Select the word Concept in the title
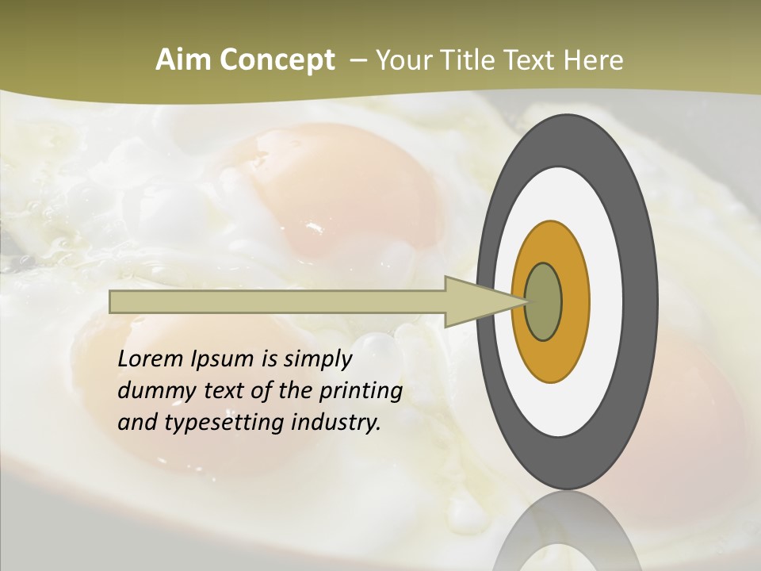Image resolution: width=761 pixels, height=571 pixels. pyautogui.click(x=277, y=60)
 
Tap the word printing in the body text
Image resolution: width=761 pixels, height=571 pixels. pyautogui.click(x=360, y=392)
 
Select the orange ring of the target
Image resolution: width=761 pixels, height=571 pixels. pyautogui.click(x=575, y=301)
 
